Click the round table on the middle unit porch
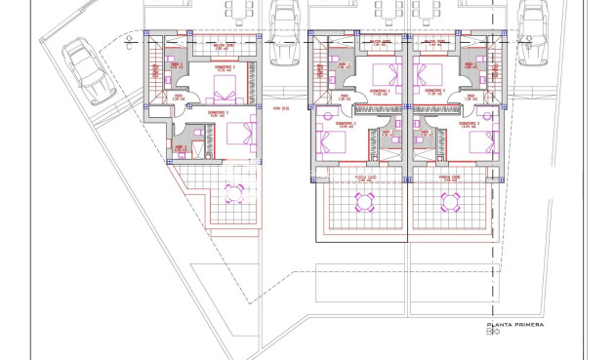364,202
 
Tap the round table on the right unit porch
450,202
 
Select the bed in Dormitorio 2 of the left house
224,92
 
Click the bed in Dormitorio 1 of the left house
235,135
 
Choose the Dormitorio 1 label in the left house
219,112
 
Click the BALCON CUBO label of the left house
225,44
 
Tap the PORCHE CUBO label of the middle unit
365,180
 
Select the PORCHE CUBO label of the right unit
449,180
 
